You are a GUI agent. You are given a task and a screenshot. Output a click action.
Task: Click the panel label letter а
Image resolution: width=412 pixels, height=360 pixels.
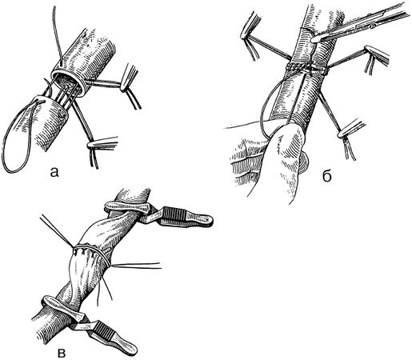(x=54, y=173)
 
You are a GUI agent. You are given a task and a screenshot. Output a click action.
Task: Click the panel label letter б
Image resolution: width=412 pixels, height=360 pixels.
(x=327, y=175)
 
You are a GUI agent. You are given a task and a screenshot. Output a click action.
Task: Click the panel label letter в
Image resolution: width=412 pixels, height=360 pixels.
(x=62, y=353)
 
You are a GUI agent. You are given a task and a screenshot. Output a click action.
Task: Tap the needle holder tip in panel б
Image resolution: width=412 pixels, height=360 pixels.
(x=314, y=40)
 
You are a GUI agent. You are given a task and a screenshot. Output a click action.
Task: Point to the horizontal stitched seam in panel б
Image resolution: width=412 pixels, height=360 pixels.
(x=306, y=69)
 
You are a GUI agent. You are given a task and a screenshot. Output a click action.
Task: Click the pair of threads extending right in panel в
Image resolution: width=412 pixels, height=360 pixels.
(x=136, y=266)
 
